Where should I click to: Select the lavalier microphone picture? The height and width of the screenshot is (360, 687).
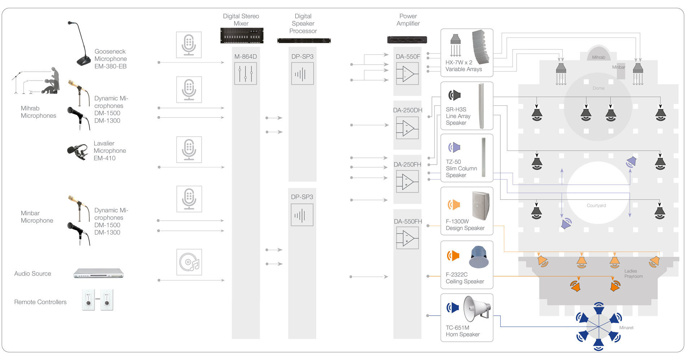click(78, 151)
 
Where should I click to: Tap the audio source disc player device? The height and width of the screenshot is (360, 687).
click(98, 273)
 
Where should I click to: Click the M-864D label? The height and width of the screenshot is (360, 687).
click(245, 56)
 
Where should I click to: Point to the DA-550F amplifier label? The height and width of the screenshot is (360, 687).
click(408, 56)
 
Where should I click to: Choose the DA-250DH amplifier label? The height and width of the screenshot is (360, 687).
click(408, 110)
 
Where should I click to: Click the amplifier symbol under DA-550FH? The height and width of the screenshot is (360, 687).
click(407, 239)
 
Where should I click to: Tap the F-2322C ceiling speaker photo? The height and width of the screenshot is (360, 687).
click(479, 257)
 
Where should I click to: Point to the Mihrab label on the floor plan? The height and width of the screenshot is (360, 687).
click(599, 57)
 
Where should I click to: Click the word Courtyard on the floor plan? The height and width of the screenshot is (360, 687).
click(596, 205)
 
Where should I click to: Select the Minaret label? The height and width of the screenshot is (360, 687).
click(626, 328)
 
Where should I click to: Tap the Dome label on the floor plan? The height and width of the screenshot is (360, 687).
click(598, 88)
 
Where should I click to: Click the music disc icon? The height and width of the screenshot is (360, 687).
click(189, 262)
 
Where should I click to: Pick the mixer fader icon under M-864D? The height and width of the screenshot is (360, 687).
click(245, 73)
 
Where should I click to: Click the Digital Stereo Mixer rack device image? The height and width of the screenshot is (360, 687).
click(242, 35)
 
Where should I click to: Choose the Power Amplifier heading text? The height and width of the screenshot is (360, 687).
click(408, 20)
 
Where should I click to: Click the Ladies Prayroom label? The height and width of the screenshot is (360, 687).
click(634, 274)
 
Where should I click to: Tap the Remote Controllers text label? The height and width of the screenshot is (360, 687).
click(40, 302)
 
